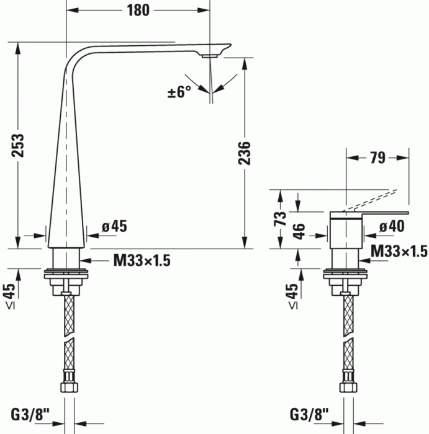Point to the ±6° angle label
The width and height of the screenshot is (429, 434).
coord(179,92)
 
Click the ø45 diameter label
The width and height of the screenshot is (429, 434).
coord(114,226)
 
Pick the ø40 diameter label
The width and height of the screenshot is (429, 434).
coord(392,226)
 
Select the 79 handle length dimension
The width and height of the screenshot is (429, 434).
coord(377,158)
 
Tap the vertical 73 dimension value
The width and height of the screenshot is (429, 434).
coord(281,218)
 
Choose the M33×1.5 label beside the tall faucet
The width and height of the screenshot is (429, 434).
coord(142,261)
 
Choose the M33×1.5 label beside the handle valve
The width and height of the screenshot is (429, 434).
coord(399,251)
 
